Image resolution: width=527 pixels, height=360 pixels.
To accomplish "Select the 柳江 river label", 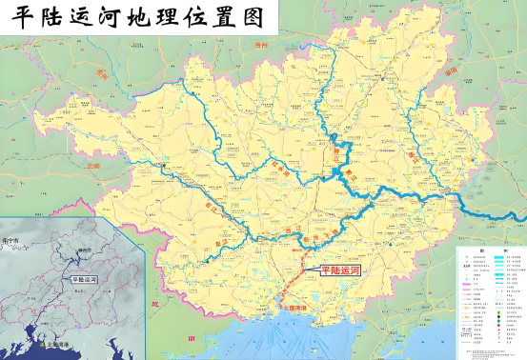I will (x=335, y=151).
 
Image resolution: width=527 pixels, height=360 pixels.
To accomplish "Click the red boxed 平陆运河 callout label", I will (x=341, y=270).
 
